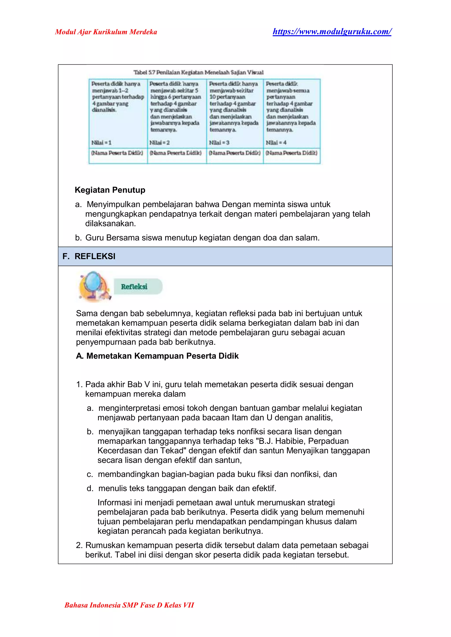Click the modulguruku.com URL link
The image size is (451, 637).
pos(332,31)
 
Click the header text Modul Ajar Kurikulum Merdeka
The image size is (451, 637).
pos(106,32)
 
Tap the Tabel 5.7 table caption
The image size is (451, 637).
pos(198,72)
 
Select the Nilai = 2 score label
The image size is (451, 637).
pos(159,143)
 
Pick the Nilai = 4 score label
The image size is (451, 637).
pos(276,143)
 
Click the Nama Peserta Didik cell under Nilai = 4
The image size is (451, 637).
pos(291,153)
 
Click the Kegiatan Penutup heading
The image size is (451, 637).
pos(110,190)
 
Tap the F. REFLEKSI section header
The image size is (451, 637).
pos(89,256)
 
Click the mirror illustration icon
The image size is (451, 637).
pos(94,286)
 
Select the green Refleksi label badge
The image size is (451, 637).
pos(138,286)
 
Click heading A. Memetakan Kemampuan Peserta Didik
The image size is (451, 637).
pos(157,356)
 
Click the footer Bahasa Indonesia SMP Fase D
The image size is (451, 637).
pos(129,605)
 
